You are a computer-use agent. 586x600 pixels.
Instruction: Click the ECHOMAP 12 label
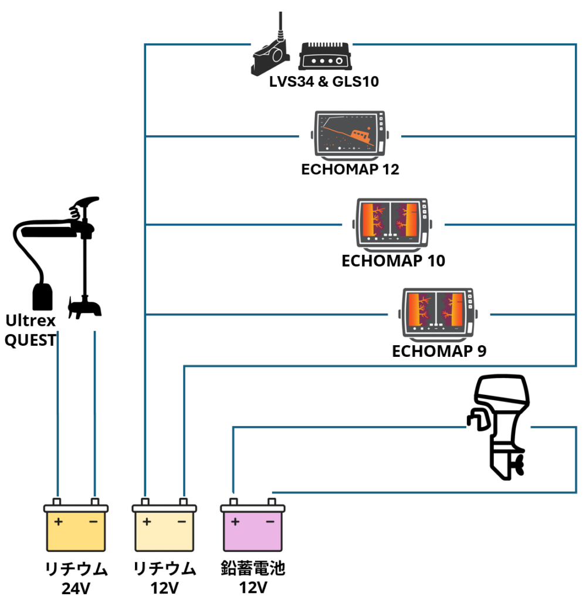point(350,170)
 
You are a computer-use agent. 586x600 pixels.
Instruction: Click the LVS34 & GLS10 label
point(324,81)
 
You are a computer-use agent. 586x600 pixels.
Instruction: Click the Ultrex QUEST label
point(31,330)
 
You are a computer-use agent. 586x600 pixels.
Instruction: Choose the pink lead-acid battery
point(252,526)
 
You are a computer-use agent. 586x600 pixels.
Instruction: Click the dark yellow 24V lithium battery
point(76,526)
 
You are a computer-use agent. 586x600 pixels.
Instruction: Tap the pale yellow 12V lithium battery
point(164,526)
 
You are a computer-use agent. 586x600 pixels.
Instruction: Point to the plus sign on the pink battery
point(235,521)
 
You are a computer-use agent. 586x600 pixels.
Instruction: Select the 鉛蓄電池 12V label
point(253,577)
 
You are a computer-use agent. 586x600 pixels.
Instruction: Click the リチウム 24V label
point(76,577)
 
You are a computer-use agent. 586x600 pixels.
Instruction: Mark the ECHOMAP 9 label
point(439,352)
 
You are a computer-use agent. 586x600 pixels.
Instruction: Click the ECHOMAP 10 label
point(393,261)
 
